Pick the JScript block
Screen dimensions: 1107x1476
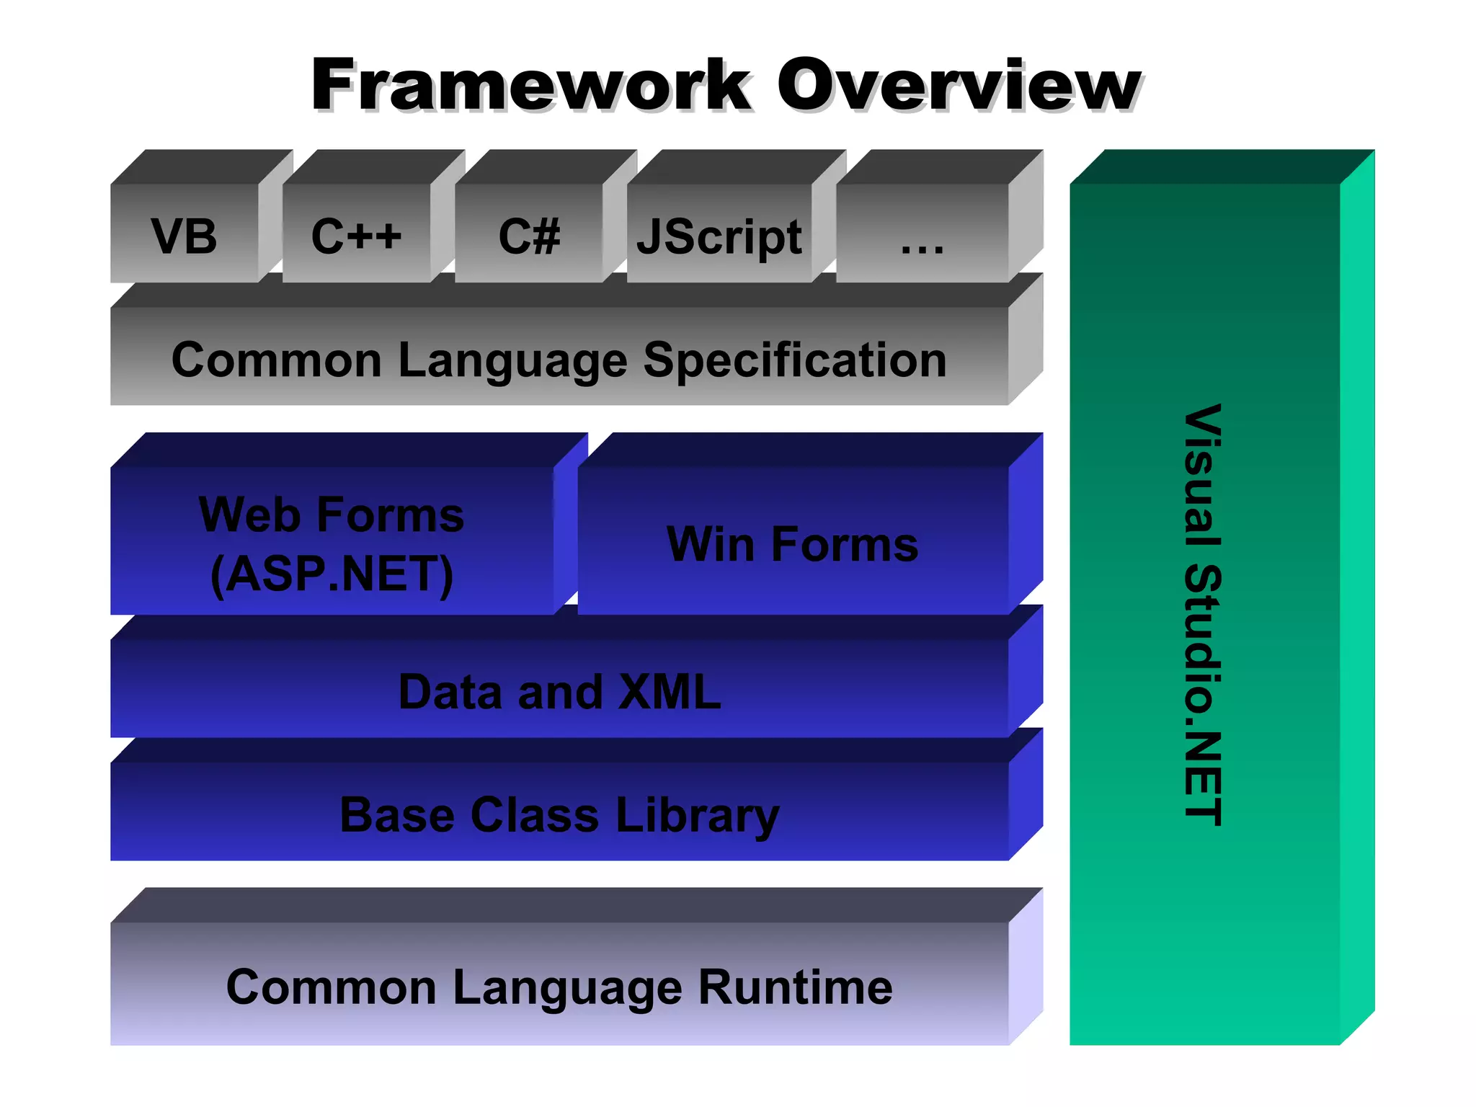719,237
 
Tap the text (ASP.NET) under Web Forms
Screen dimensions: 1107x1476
332,574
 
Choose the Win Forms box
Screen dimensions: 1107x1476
793,544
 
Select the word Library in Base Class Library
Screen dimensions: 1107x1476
697,816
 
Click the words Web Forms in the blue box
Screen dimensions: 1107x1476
332,515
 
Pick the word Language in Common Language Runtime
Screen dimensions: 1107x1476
566,988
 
